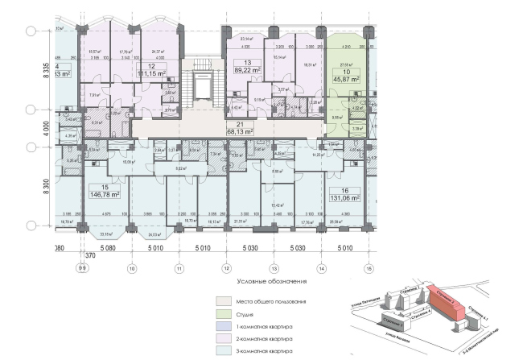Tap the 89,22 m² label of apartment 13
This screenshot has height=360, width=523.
click(x=248, y=70)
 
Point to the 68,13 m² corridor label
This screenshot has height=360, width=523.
click(x=239, y=131)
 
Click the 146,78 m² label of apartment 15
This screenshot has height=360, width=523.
click(x=105, y=194)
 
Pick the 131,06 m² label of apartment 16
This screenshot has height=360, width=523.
click(x=344, y=194)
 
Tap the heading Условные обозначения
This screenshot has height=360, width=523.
click(x=274, y=282)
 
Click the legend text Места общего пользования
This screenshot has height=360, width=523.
click(x=270, y=300)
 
